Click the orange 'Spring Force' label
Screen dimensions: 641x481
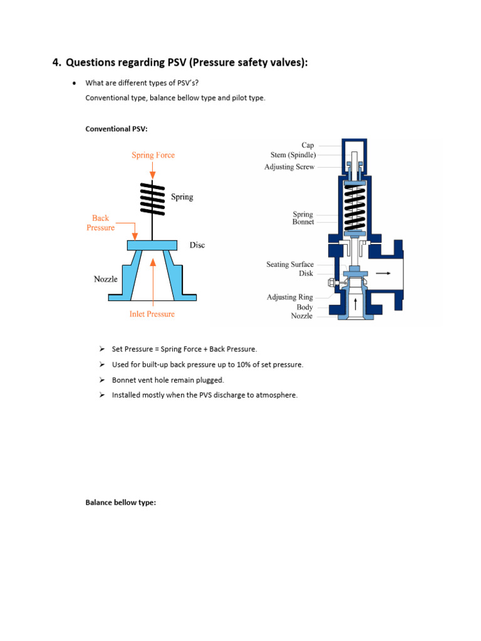click(x=153, y=155)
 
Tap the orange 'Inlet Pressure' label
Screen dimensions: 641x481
click(x=152, y=314)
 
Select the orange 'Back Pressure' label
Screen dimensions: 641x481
click(x=100, y=223)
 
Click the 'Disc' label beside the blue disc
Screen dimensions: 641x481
click(x=197, y=245)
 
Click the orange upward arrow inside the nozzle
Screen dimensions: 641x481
click(x=152, y=279)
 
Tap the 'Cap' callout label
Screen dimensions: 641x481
click(x=308, y=145)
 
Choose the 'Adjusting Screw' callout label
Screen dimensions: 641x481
click(x=289, y=167)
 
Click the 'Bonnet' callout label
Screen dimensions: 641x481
click(x=303, y=222)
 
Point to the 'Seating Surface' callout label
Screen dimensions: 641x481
click(x=290, y=265)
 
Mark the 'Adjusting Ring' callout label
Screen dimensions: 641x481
click(x=290, y=297)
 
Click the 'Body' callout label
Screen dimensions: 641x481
click(x=305, y=307)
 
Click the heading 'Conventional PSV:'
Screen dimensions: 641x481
click(x=116, y=129)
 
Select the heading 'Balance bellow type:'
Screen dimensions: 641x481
click(x=120, y=502)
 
